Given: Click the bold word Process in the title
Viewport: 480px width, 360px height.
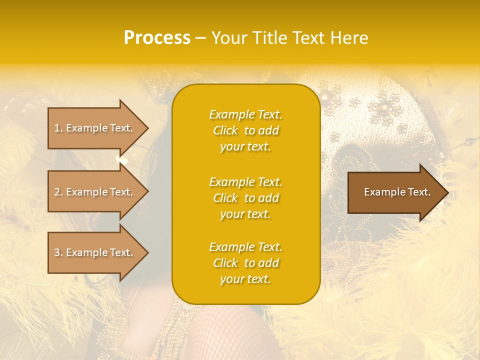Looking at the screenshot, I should tap(157, 38).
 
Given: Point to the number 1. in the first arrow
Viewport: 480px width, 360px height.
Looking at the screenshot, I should tap(58, 128).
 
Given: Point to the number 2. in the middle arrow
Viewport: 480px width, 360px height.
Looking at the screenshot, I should tap(58, 192).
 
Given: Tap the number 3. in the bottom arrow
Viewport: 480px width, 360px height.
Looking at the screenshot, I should tap(58, 252).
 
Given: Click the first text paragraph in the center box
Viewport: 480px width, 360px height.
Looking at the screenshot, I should tap(245, 130).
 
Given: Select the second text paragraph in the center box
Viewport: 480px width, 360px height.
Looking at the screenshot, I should tap(245, 198).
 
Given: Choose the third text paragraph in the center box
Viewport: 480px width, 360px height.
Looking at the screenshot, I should tap(245, 263).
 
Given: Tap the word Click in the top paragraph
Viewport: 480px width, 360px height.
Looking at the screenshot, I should tap(225, 130).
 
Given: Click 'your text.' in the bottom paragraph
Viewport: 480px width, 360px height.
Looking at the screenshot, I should tap(245, 279).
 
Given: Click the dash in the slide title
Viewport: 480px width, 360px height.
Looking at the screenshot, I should tap(201, 38).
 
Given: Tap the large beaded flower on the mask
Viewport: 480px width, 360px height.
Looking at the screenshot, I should tap(384, 108).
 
